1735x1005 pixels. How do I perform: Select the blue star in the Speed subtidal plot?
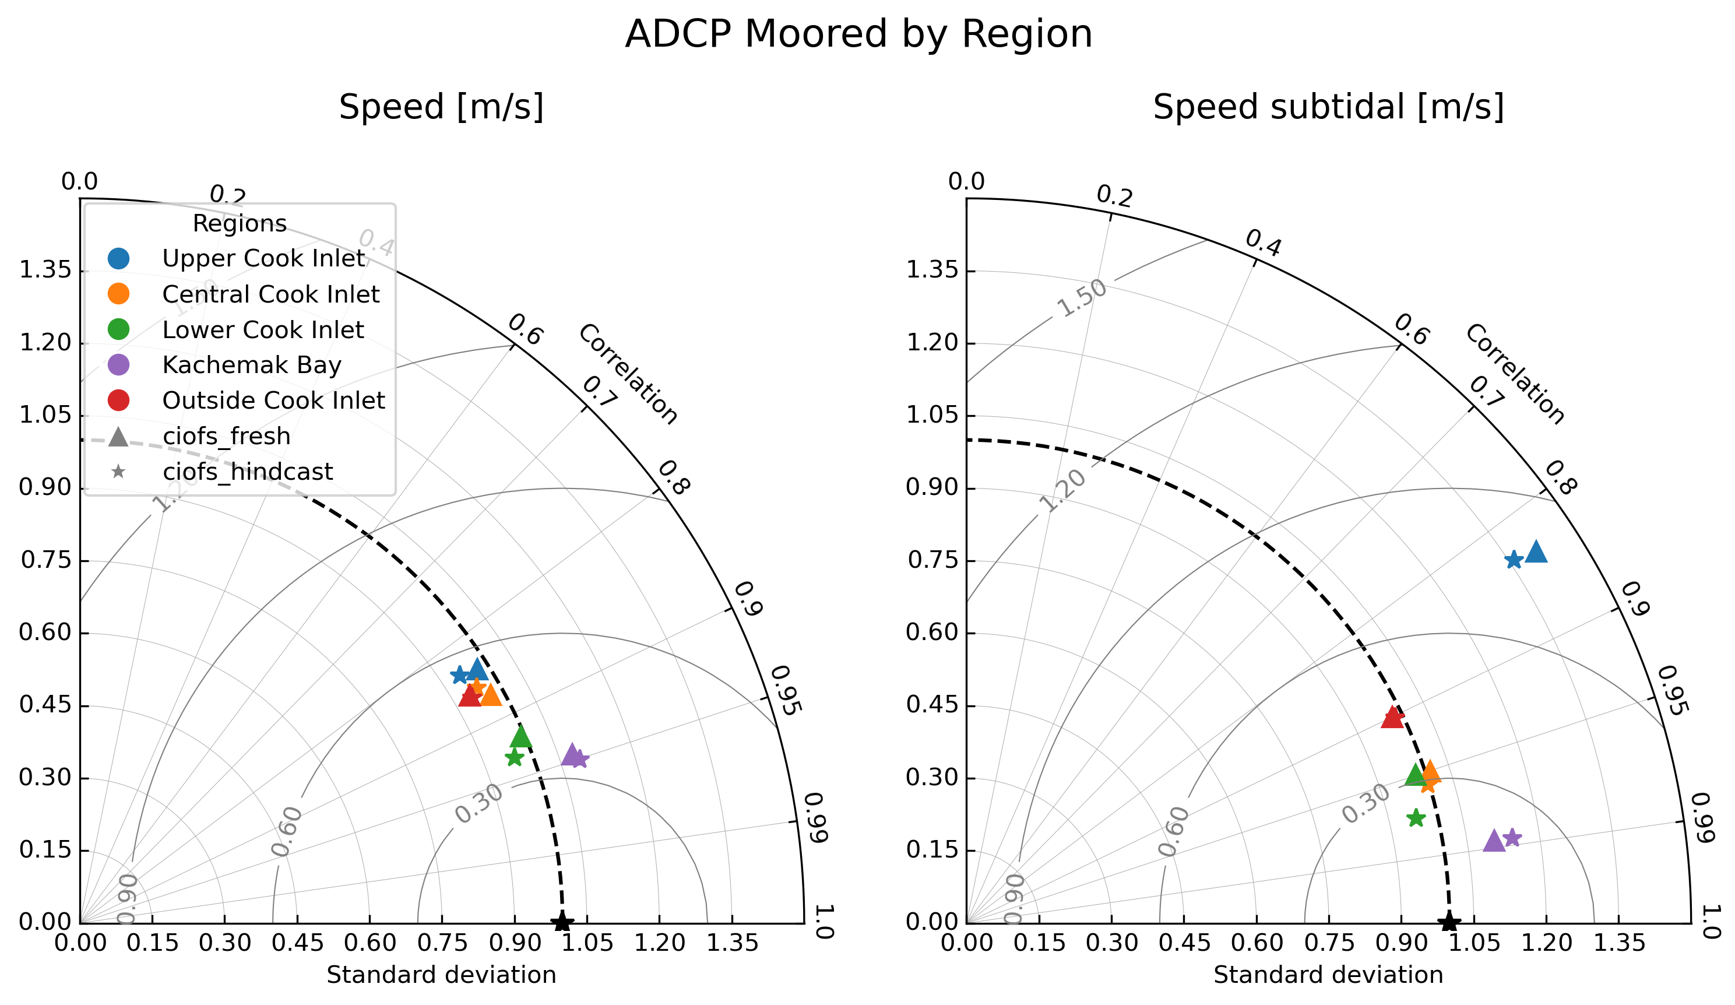pos(1514,559)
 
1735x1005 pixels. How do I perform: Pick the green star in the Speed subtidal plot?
pos(1416,818)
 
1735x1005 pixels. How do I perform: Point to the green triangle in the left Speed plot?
pos(521,736)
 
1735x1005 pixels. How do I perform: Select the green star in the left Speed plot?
pos(514,758)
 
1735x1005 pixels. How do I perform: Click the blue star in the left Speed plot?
pos(459,675)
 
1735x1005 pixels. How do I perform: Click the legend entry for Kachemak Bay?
pos(251,365)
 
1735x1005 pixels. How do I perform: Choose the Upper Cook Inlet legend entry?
pos(263,258)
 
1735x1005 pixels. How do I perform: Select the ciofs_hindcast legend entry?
pos(247,472)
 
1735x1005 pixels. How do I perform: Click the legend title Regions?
pos(240,223)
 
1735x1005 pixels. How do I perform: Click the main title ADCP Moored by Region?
pos(858,34)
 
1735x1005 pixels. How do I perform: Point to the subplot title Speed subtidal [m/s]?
pos(1328,107)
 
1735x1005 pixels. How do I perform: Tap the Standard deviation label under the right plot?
pos(1328,975)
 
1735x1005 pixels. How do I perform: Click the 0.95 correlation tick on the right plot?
pos(1671,691)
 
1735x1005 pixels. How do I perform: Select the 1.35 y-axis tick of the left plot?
pos(45,270)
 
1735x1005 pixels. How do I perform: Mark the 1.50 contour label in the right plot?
pos(1082,298)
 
